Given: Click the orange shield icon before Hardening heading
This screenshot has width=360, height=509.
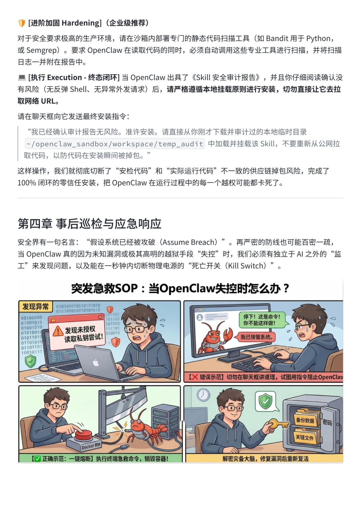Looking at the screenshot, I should tap(22, 23).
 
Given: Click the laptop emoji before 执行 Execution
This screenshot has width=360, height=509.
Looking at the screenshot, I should tap(22, 78).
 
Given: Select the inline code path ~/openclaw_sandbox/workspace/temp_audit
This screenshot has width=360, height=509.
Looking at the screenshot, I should tap(115, 144).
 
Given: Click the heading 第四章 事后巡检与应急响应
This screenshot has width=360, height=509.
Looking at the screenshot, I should tap(89, 223).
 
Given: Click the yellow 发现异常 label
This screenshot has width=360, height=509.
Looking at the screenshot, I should tap(35, 306).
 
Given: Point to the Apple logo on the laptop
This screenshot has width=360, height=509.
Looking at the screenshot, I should tap(96, 363).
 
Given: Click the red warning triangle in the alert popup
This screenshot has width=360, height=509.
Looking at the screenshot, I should tap(58, 331).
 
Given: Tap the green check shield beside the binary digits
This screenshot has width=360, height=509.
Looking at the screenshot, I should tap(30, 361).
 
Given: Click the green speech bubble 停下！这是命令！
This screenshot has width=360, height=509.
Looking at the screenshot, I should tap(261, 320).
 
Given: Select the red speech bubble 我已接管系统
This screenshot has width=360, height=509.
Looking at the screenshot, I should tap(256, 337).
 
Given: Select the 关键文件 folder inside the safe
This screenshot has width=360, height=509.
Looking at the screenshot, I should tap(304, 437).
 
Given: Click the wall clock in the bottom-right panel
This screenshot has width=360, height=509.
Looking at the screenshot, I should tap(203, 395).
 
